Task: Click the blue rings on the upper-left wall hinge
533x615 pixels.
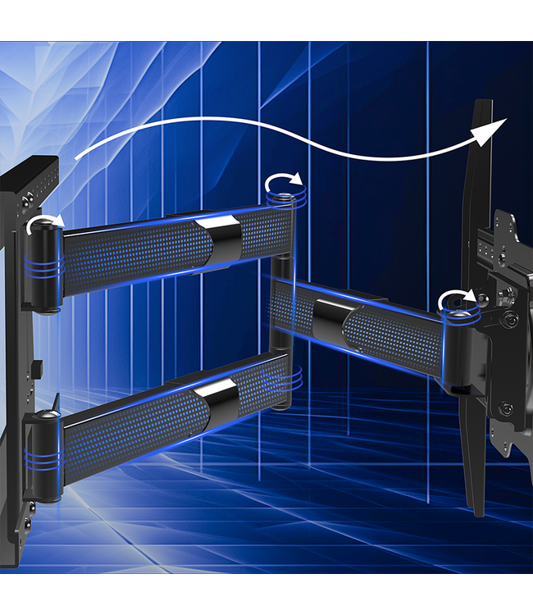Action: (x=44, y=265)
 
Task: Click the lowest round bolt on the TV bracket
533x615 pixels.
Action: (x=506, y=408)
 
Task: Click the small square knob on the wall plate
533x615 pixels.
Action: (x=38, y=368)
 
